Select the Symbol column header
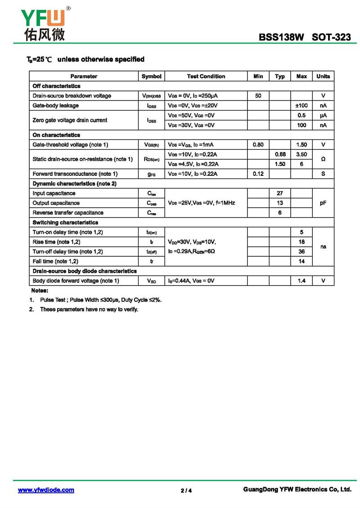(x=151, y=76)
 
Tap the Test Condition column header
(x=206, y=76)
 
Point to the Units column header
(x=323, y=76)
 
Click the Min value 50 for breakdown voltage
(x=258, y=96)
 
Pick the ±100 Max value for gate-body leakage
(x=301, y=106)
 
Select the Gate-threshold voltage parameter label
(x=71, y=145)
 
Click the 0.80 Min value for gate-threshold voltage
(x=258, y=145)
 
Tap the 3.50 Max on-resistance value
(x=301, y=155)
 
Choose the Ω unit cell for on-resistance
(x=323, y=159)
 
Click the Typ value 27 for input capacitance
(x=280, y=193)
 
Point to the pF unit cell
(x=323, y=203)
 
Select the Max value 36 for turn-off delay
(x=301, y=252)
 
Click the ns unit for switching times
(x=323, y=247)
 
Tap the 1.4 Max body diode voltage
(x=301, y=281)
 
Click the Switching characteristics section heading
(x=65, y=223)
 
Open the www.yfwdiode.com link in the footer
(x=46, y=490)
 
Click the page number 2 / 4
(x=186, y=490)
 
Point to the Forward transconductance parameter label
(x=75, y=174)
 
